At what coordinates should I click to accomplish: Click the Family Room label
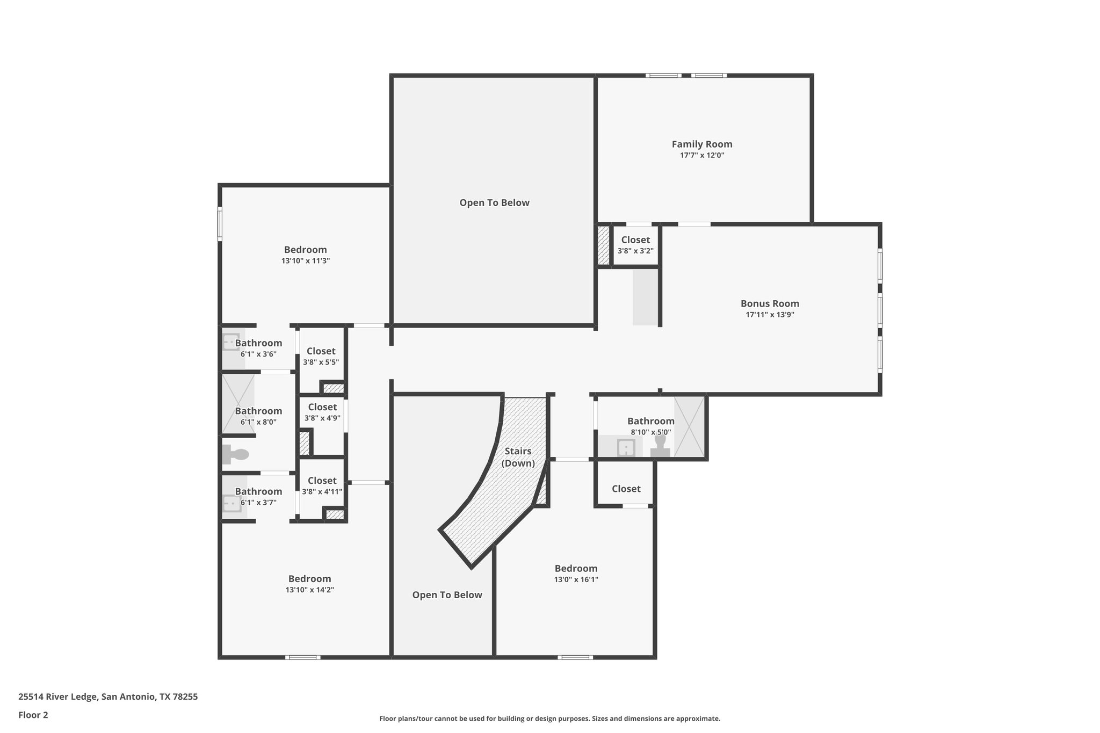[701, 144]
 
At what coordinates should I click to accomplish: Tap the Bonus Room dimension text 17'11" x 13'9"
[770, 315]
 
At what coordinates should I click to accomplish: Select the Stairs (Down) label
[518, 457]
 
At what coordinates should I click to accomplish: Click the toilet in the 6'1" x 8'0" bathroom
[235, 454]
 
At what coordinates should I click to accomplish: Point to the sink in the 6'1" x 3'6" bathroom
[231, 342]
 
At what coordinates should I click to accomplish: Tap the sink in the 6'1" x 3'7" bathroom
[231, 504]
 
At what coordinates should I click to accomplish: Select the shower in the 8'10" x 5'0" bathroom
[689, 426]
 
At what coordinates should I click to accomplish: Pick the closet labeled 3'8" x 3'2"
[635, 245]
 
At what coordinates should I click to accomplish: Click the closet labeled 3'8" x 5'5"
[321, 356]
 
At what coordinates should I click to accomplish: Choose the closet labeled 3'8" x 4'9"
[322, 412]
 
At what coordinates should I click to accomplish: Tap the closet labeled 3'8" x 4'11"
[322, 485]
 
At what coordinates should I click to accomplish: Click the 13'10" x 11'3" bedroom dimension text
[305, 261]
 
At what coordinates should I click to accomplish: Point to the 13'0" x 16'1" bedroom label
[576, 568]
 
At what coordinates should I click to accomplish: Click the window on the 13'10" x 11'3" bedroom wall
[220, 223]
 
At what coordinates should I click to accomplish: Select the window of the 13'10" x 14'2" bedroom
[302, 657]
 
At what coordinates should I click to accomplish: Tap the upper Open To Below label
[494, 202]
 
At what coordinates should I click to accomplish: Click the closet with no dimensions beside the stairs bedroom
[626, 488]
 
